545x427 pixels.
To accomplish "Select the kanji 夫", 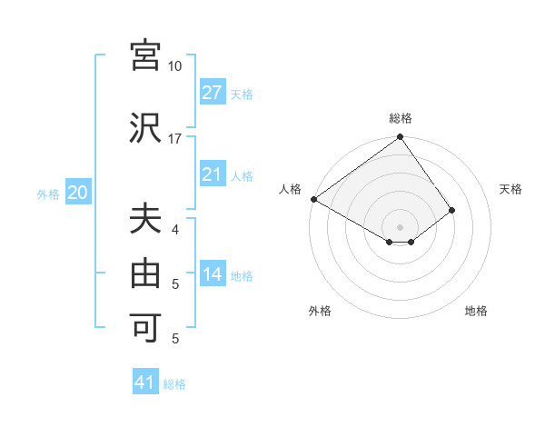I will pos(145,221).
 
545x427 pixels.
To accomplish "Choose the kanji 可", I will pos(145,325).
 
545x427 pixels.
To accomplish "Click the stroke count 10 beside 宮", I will pos(175,66).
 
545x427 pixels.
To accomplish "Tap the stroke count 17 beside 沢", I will pos(175,139).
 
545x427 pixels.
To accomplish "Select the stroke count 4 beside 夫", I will pos(175,231).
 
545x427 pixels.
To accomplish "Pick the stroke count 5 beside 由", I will pos(175,284).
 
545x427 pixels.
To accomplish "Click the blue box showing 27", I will pos(212,93).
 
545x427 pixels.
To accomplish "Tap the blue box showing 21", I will pos(212,174).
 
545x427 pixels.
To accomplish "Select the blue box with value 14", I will pos(212,275).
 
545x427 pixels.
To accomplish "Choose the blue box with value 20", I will pos(78,193).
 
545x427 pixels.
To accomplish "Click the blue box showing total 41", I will pos(145,382).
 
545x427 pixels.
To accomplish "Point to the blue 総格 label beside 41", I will pos(175,384).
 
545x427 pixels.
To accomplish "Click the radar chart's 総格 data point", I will pos(400,138).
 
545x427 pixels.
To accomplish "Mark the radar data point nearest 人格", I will pos(313,199).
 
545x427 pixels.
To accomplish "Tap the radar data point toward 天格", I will pos(452,210).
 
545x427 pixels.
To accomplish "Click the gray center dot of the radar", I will pos(400,225).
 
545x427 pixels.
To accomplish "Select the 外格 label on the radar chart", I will pos(320,312).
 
